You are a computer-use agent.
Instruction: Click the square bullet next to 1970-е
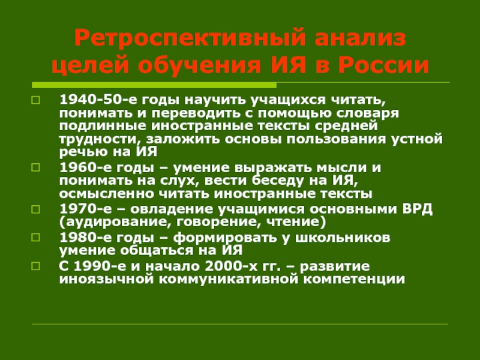35,209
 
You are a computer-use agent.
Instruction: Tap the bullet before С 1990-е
35,265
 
